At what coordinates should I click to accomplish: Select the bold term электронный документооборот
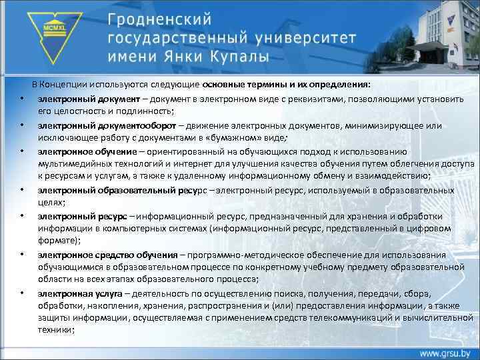tap(107, 125)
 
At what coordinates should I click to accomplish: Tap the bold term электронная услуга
tap(80, 294)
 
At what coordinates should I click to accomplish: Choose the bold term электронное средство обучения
tap(107, 255)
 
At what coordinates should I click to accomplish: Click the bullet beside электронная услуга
tap(22, 294)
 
